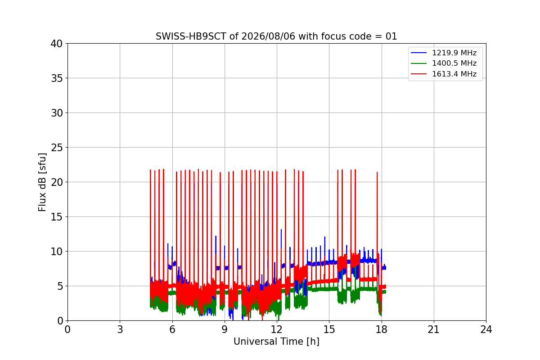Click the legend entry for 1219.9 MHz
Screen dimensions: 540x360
(x=454, y=53)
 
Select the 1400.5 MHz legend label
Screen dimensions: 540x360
(x=454, y=63)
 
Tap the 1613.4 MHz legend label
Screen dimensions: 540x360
(x=454, y=74)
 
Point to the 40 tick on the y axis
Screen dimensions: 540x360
(x=56, y=44)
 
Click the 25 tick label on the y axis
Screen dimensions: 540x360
(x=56, y=148)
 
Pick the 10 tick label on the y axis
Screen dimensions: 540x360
(x=56, y=252)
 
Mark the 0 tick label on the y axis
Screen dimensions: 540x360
(x=60, y=321)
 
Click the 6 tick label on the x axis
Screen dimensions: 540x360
(x=172, y=329)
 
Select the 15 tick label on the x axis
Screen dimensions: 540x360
(x=329, y=329)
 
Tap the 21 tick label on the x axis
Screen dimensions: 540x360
(x=434, y=329)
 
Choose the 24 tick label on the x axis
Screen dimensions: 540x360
(x=486, y=329)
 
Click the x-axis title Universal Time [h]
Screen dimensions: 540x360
(x=276, y=342)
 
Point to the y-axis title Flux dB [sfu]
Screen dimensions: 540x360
(x=42, y=182)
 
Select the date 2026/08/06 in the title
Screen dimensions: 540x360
(x=268, y=36)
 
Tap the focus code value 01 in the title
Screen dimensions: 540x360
(x=391, y=36)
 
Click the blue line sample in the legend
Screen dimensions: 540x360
(x=419, y=53)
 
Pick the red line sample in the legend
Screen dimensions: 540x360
(x=419, y=74)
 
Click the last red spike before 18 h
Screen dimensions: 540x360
(x=377, y=217)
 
